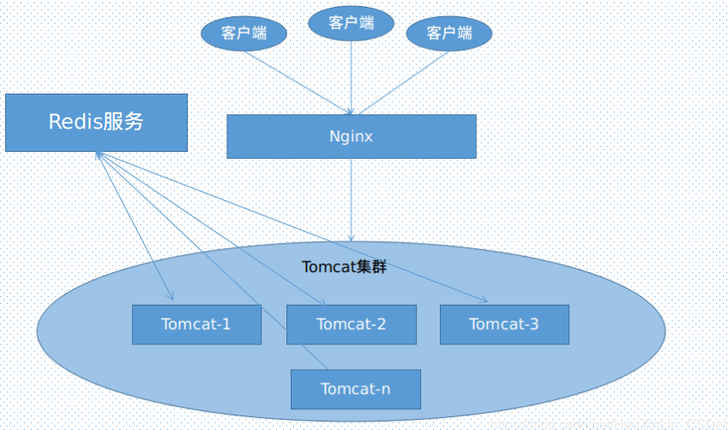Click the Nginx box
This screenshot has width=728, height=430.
pyautogui.click(x=351, y=136)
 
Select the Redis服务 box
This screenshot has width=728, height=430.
pyautogui.click(x=96, y=123)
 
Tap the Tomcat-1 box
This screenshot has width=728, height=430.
pyautogui.click(x=196, y=324)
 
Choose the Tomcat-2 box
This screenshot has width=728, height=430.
pyautogui.click(x=351, y=324)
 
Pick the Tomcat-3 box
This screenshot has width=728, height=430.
pyautogui.click(x=504, y=324)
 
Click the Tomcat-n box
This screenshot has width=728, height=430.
pyautogui.click(x=355, y=389)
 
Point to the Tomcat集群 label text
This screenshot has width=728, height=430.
pyautogui.click(x=344, y=267)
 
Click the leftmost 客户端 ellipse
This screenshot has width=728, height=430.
pyautogui.click(x=244, y=33)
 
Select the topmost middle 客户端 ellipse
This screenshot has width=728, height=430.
pyautogui.click(x=351, y=23)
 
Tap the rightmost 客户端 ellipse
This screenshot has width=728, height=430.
pyautogui.click(x=449, y=33)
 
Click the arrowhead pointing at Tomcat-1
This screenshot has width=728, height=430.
pyautogui.click(x=170, y=297)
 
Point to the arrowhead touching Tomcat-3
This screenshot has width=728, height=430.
pyautogui.click(x=484, y=300)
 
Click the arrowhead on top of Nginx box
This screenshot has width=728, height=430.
pyautogui.click(x=351, y=111)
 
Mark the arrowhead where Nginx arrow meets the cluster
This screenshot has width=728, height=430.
pyautogui.click(x=351, y=237)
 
